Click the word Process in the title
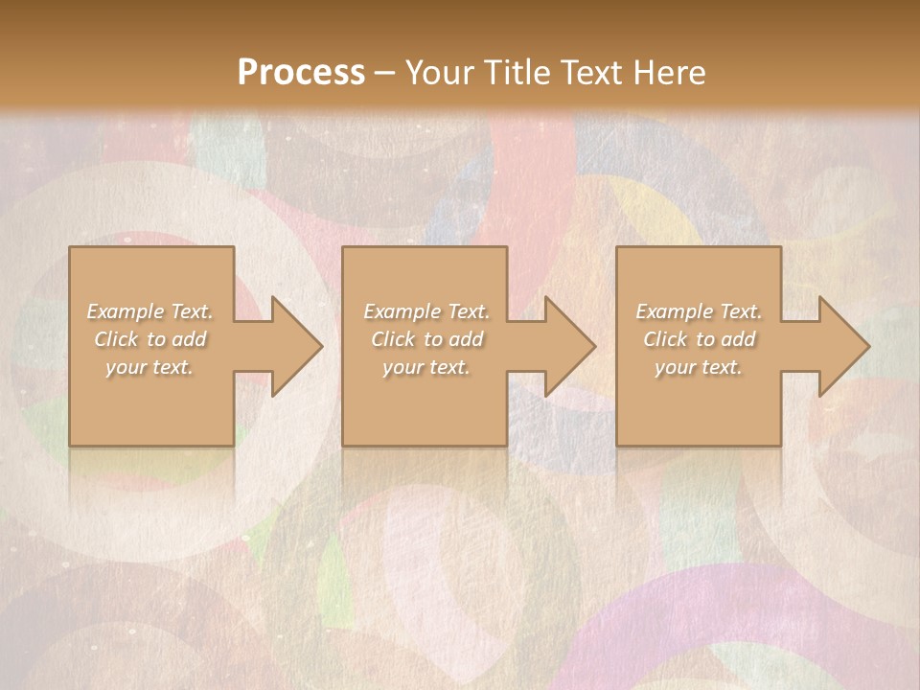pos(301,73)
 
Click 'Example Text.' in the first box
pos(150,311)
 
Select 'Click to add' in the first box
pos(150,339)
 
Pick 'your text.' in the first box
pos(150,367)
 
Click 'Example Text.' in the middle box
pos(426,311)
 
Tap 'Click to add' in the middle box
pos(426,339)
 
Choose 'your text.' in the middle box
pos(426,367)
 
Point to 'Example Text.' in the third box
pos(699,311)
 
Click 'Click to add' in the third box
pos(699,339)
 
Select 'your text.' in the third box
pos(699,367)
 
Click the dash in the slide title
pos(385,74)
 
